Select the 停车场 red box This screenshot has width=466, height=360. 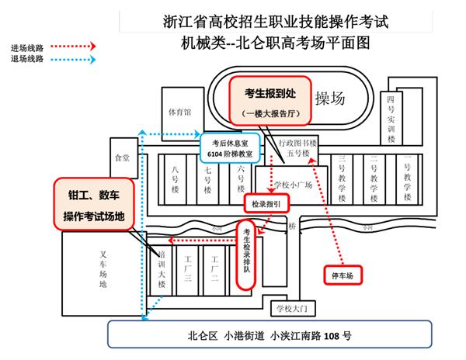tap(343, 275)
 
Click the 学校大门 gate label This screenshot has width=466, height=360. tap(292, 308)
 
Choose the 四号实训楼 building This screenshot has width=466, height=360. tap(391, 119)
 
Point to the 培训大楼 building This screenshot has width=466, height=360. tap(162, 271)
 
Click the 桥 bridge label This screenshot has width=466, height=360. tap(291, 227)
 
